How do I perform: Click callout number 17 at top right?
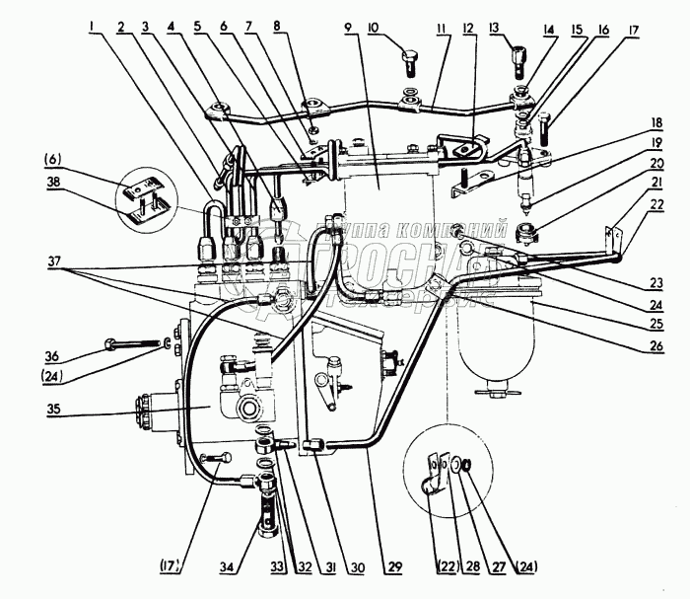[x=629, y=30]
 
